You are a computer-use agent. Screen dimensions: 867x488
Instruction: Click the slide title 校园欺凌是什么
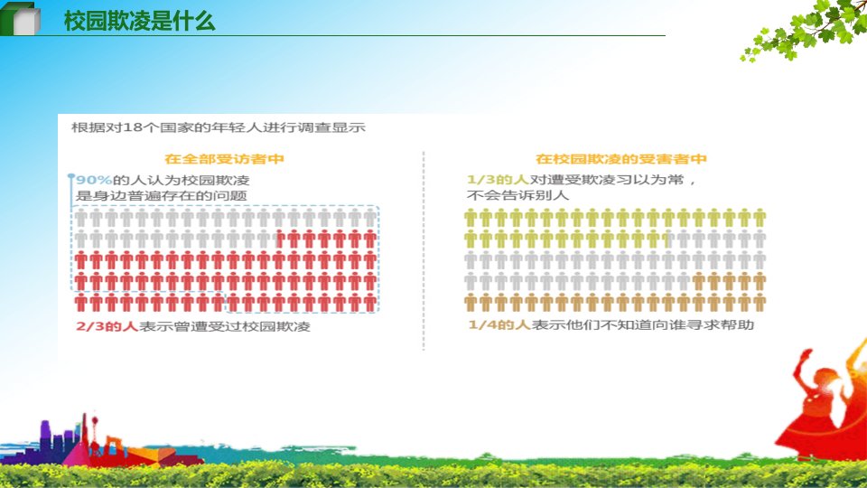(139, 21)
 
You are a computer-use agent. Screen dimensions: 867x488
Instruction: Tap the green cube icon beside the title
(21, 19)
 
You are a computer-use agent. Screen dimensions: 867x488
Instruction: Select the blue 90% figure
(94, 180)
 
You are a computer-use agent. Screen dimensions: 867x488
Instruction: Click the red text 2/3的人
(107, 326)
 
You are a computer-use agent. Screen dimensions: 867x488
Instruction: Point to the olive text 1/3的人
(499, 180)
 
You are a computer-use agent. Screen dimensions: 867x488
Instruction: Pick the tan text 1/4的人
(499, 324)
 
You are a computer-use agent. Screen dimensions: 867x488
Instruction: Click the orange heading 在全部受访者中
(225, 159)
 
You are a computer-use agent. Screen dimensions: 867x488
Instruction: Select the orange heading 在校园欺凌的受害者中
(621, 159)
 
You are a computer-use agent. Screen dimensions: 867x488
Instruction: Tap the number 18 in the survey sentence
(132, 127)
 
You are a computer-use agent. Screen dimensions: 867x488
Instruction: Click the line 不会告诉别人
(517, 195)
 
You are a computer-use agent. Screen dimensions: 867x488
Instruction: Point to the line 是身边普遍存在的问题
(161, 195)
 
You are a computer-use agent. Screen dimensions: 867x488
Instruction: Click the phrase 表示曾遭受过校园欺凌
(225, 326)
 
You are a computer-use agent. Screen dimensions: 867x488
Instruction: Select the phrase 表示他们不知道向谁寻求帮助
(642, 324)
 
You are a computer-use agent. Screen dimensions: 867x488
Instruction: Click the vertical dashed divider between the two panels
(424, 250)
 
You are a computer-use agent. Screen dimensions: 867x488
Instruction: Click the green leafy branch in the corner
(805, 28)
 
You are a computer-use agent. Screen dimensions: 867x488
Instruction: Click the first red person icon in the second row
(280, 239)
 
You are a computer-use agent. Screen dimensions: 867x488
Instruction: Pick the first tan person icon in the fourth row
(698, 282)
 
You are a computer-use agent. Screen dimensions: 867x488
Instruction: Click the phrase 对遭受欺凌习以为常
(607, 180)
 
